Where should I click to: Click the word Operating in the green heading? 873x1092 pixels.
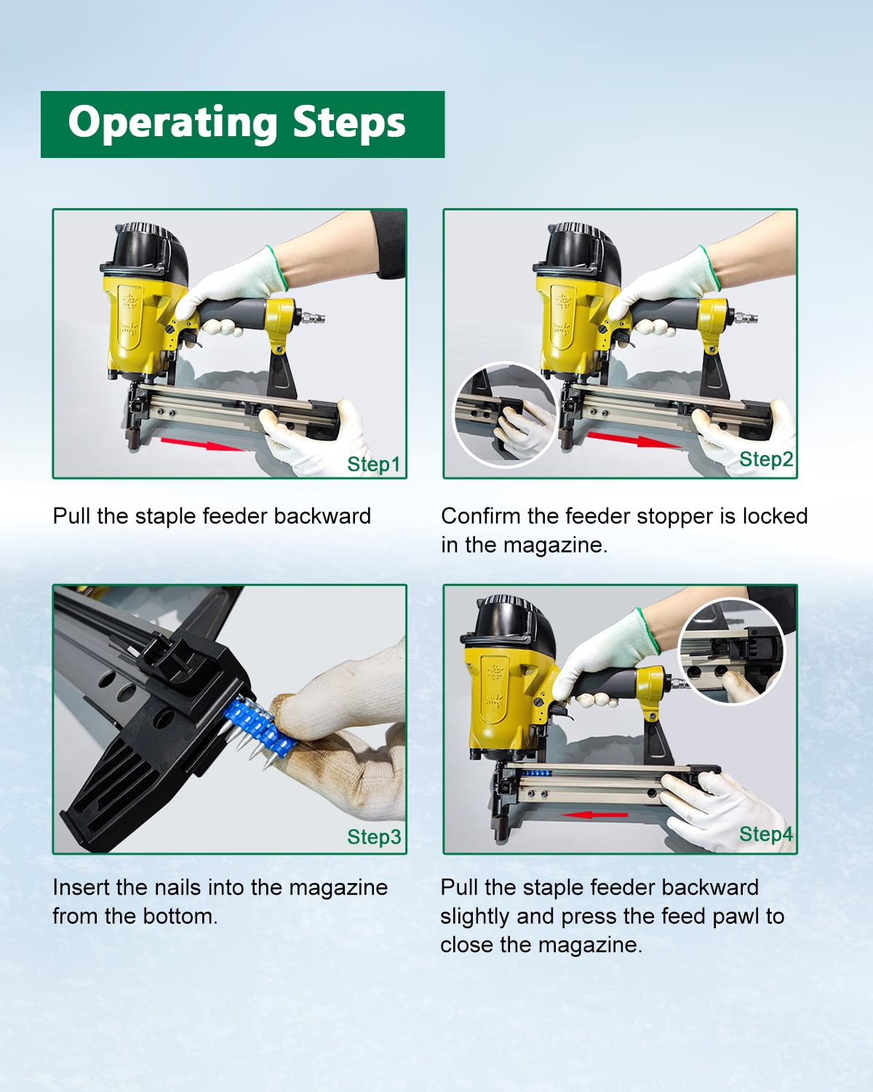coord(173,123)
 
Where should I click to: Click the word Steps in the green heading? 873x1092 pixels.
coord(349,122)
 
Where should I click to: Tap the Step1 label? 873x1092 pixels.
coord(374,464)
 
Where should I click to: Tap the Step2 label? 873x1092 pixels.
coord(766,459)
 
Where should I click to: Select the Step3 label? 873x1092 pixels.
coord(374,836)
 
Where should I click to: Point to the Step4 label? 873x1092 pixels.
coord(766,834)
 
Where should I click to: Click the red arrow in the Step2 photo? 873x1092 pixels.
coord(634,440)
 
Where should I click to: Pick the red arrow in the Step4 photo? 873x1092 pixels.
coord(594,815)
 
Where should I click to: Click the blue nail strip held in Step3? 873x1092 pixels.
coord(259,727)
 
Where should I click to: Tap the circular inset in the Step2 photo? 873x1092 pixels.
coord(505,414)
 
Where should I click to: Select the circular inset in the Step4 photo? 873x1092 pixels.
coord(731,652)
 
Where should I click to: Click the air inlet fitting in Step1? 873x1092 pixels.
coord(312,317)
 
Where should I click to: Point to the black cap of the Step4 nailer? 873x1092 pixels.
coord(510,626)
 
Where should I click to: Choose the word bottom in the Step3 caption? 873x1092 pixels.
coord(180,917)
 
